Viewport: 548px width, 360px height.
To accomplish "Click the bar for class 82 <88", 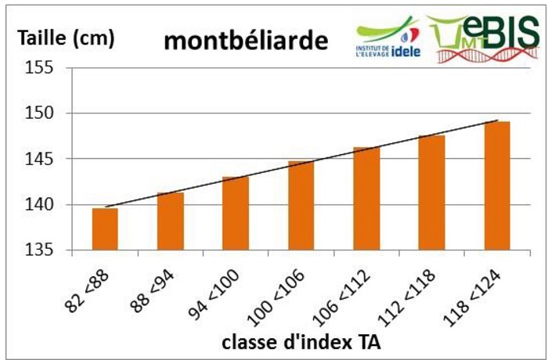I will point(104,229).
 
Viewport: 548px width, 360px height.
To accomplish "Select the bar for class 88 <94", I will point(170,221).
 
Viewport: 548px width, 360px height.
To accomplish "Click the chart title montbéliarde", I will point(244,41).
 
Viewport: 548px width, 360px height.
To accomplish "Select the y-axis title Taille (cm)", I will point(66,37).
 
